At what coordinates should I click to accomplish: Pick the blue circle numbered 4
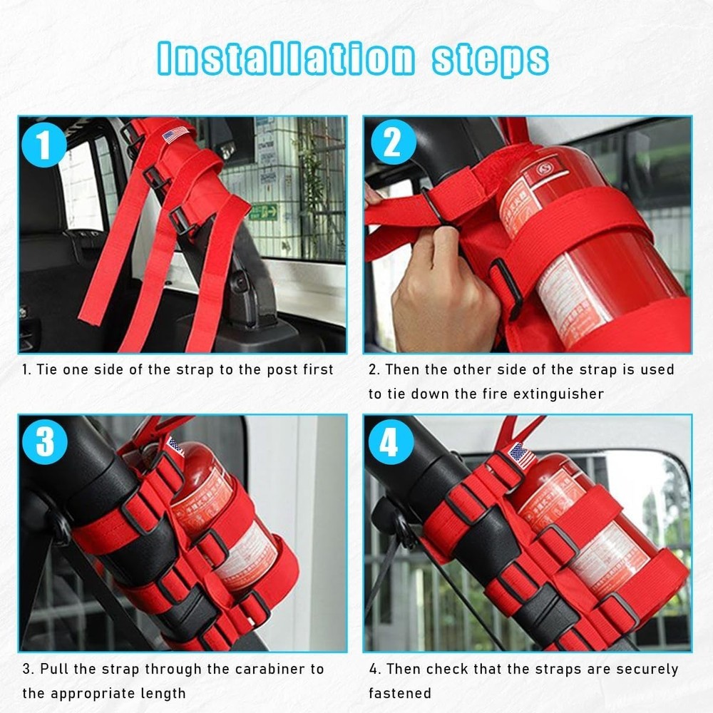tap(391, 442)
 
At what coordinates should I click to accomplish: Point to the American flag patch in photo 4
tap(523, 455)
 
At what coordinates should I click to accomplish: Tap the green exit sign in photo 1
tap(264, 212)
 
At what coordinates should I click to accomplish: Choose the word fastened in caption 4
tap(400, 693)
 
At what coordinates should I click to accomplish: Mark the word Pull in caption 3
tap(55, 670)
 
